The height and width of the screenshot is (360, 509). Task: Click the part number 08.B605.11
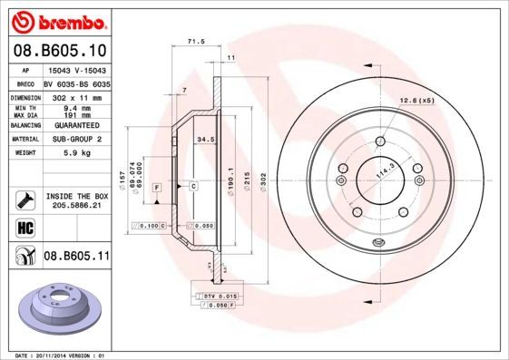pos(76,257)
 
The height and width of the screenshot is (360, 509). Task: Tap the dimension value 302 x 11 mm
pos(76,96)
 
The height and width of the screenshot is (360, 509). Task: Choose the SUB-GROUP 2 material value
pos(76,140)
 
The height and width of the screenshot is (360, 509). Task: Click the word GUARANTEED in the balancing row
pos(76,124)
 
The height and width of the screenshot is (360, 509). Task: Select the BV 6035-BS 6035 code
pos(76,82)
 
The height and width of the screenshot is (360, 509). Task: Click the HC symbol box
pos(24,227)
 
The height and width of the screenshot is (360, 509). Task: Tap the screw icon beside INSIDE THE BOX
pos(24,199)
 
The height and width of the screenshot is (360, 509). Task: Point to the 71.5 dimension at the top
pos(194,42)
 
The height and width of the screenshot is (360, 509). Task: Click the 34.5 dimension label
pos(205,140)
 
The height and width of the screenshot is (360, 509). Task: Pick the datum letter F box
pos(157,186)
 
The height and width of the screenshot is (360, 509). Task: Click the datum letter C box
pos(193,186)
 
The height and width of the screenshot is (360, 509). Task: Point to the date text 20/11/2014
pos(67,355)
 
